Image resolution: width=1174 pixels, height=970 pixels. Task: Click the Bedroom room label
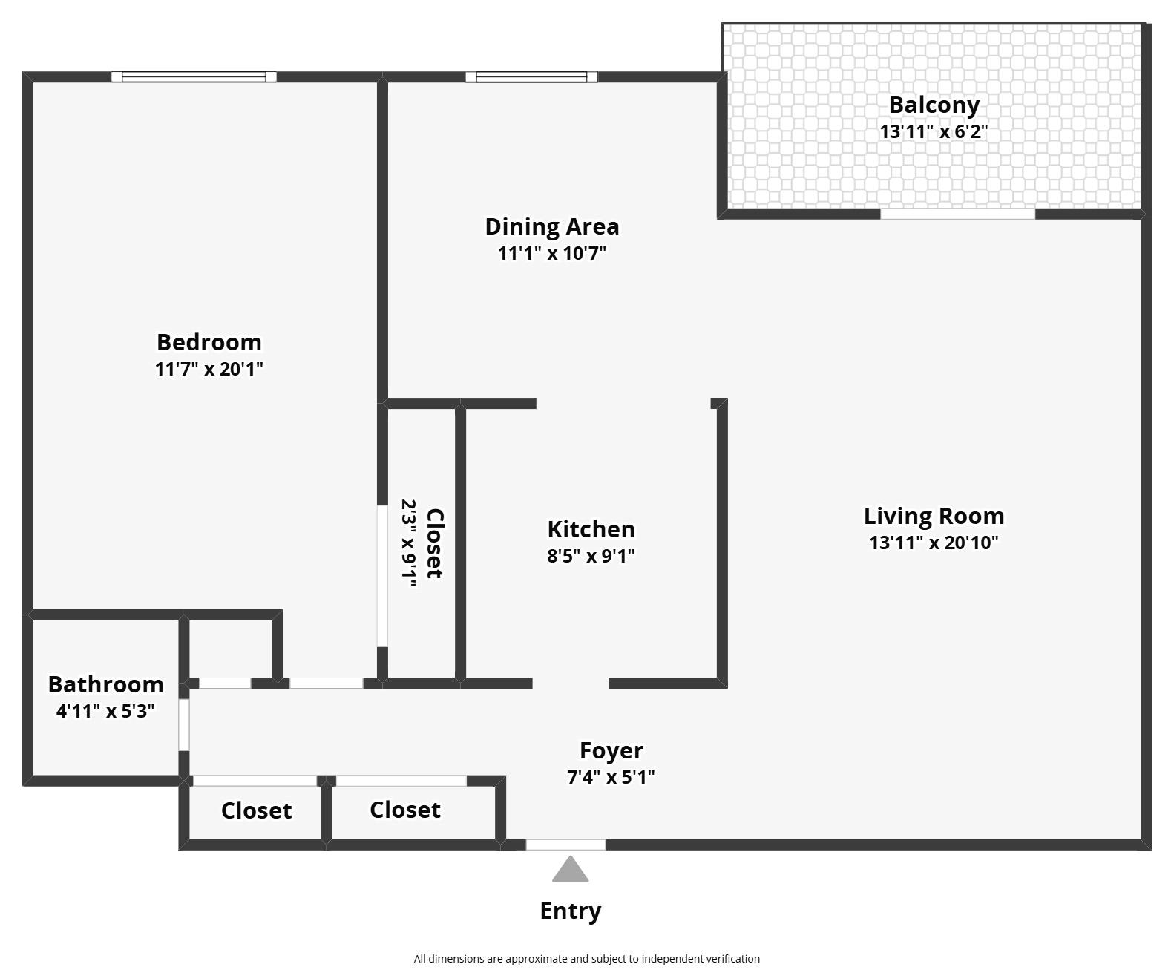[x=209, y=342]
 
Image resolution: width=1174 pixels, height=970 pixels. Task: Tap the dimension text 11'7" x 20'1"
[x=209, y=369]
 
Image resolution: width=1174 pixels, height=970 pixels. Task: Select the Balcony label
[x=934, y=105]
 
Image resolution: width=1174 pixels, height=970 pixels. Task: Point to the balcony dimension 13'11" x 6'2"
[x=934, y=132]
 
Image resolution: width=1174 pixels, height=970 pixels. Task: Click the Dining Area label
[x=551, y=226]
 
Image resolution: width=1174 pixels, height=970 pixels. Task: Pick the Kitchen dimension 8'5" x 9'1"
[x=591, y=556]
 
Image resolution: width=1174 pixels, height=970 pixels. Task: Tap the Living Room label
[x=934, y=516]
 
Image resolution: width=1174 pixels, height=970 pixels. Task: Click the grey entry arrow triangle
[x=570, y=871]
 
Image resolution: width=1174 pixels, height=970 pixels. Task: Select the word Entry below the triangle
[x=570, y=911]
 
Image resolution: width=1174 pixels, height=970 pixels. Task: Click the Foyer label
[x=611, y=750]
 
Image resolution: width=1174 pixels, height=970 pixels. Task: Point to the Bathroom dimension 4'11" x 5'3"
[x=105, y=711]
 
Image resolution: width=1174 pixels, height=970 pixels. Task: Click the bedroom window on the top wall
[x=194, y=76]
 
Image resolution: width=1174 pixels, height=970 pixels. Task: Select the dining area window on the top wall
[x=531, y=76]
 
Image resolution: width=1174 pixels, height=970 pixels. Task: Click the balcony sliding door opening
[x=957, y=214]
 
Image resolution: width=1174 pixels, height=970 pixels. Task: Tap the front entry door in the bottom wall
[x=565, y=845]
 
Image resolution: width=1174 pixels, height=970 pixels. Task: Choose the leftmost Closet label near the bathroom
[x=256, y=810]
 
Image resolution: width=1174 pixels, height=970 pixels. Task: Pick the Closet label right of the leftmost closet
[x=404, y=810]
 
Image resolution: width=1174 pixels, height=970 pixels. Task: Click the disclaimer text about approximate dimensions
[x=586, y=959]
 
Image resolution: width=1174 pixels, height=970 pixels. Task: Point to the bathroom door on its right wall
[x=183, y=724]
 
